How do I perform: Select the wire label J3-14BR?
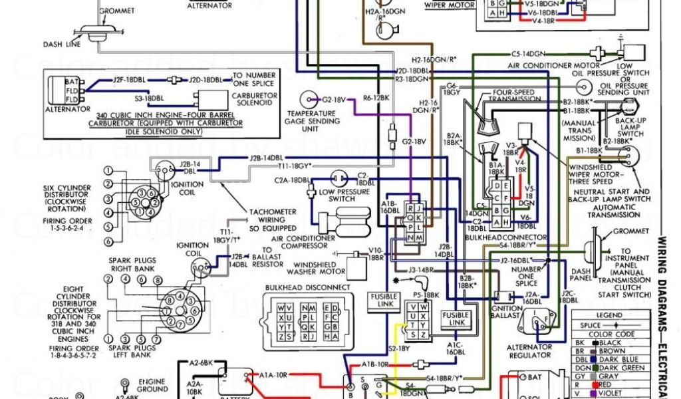pyautogui.click(x=421, y=270)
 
